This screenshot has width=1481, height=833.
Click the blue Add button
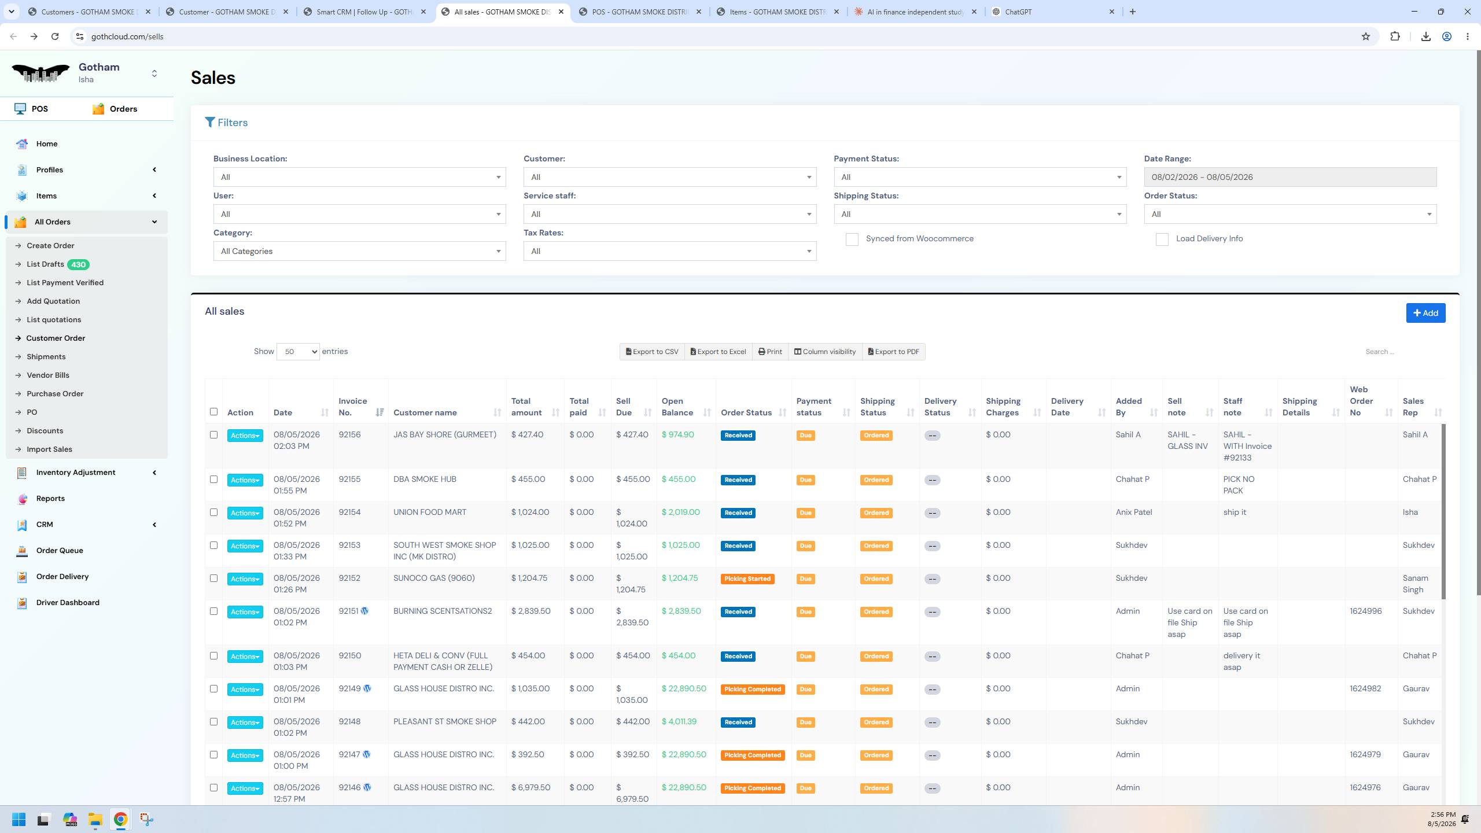click(1425, 313)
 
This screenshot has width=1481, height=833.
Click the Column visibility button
click(824, 352)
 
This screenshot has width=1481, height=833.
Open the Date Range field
click(1290, 177)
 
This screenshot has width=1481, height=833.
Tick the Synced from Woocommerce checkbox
click(852, 239)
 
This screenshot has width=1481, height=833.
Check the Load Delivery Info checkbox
click(1162, 239)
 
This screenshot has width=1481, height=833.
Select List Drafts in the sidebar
click(45, 264)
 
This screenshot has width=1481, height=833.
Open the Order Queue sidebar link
click(60, 550)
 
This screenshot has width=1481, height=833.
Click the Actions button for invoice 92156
click(245, 436)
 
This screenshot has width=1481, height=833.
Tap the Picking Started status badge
click(747, 579)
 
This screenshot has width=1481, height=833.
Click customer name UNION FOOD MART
click(430, 512)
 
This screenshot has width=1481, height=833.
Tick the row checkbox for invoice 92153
click(213, 545)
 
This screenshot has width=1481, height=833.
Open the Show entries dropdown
click(298, 352)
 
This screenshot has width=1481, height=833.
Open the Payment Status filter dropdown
click(980, 177)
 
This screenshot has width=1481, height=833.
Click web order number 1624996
click(1365, 611)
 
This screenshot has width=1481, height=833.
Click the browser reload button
click(55, 36)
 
